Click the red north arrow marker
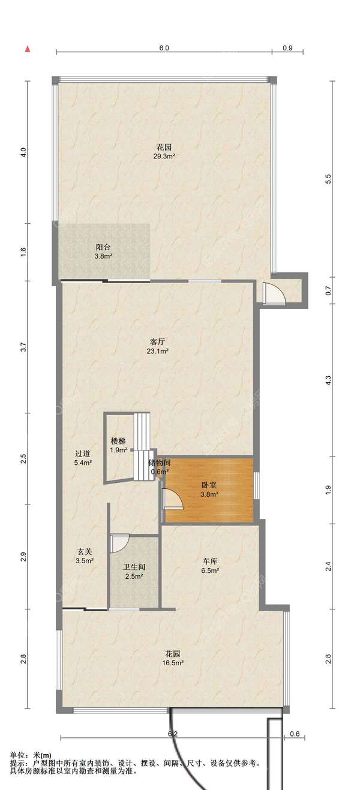[27, 49]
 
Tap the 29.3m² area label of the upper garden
[164, 156]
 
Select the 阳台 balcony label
[103, 247]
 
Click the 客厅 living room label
[157, 342]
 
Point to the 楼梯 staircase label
[118, 441]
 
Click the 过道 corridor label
[83, 453]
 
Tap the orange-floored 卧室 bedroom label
[209, 485]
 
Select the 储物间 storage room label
[160, 462]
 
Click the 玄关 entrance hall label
[85, 551]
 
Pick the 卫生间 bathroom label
[134, 567]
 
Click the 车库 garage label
[210, 561]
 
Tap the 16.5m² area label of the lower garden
[172, 663]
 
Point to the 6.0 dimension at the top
[164, 48]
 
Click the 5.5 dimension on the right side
[329, 179]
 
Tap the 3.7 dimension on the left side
[23, 347]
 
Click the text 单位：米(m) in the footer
[31, 755]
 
